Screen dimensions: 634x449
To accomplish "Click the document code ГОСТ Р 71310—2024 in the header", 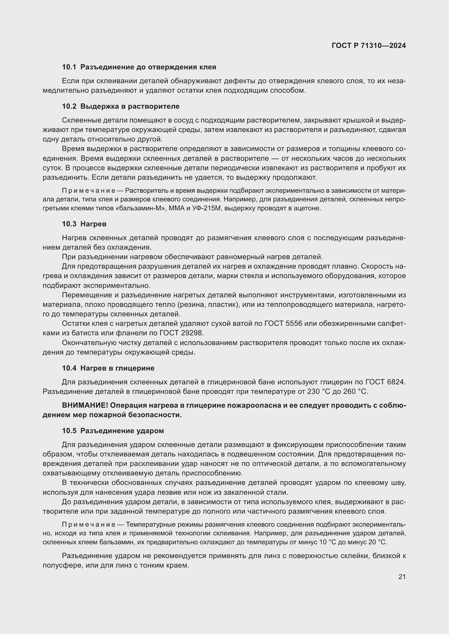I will (369, 46).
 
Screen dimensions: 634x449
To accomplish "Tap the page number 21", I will (402, 577).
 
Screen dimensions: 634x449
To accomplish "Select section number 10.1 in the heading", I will (69, 67).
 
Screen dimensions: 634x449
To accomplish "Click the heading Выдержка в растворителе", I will (130, 106).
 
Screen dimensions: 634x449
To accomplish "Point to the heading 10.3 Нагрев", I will (84, 224).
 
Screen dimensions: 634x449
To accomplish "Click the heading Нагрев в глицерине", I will (117, 368).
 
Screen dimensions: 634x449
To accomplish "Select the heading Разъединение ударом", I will (122, 431).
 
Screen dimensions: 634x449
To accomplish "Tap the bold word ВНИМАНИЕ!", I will (85, 405).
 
